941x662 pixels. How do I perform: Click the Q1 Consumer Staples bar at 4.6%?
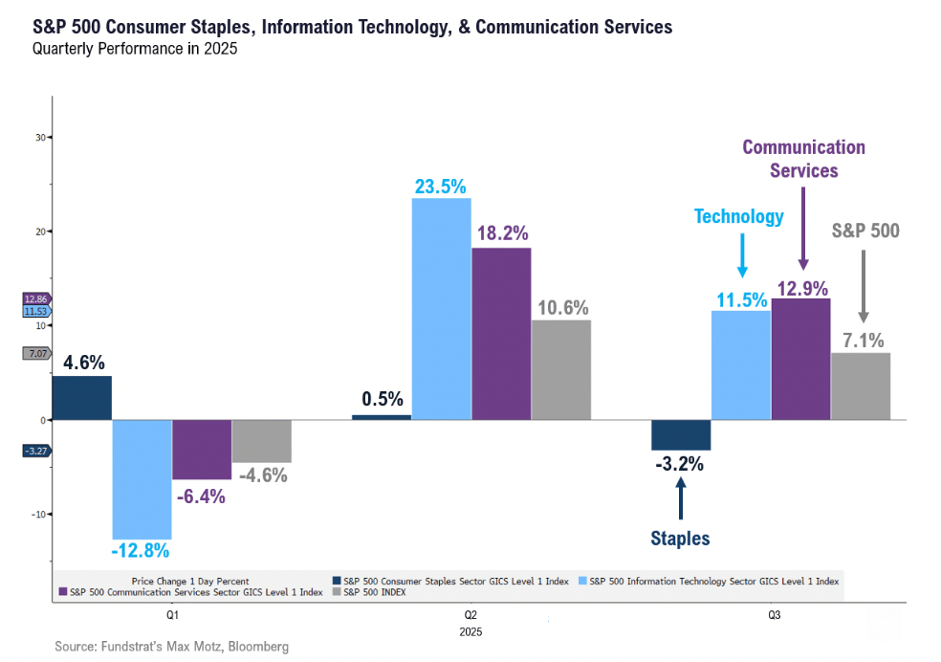point(82,398)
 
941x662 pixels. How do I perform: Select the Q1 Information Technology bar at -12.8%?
point(142,478)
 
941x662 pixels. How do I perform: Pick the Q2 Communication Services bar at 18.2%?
point(500,333)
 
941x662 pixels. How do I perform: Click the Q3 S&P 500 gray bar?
point(861,386)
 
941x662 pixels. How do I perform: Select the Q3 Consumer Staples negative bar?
point(681,435)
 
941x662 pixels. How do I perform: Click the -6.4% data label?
point(200,496)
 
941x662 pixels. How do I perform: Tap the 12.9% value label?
point(801,287)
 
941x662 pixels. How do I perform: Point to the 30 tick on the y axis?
point(40,137)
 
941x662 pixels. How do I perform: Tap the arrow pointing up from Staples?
point(681,496)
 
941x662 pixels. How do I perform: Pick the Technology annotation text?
point(739,217)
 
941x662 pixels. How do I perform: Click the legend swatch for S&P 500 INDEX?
point(335,592)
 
